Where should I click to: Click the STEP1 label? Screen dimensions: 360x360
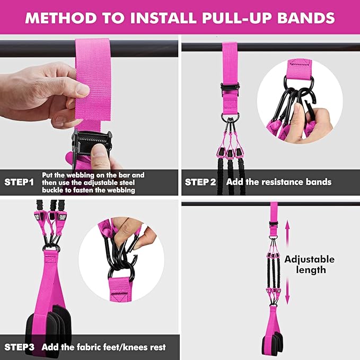19,182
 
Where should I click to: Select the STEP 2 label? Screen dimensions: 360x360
200,182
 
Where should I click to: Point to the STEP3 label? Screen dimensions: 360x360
20,347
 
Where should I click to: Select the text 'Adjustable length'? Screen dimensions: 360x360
309,265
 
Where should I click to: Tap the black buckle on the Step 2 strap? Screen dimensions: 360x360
230,89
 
